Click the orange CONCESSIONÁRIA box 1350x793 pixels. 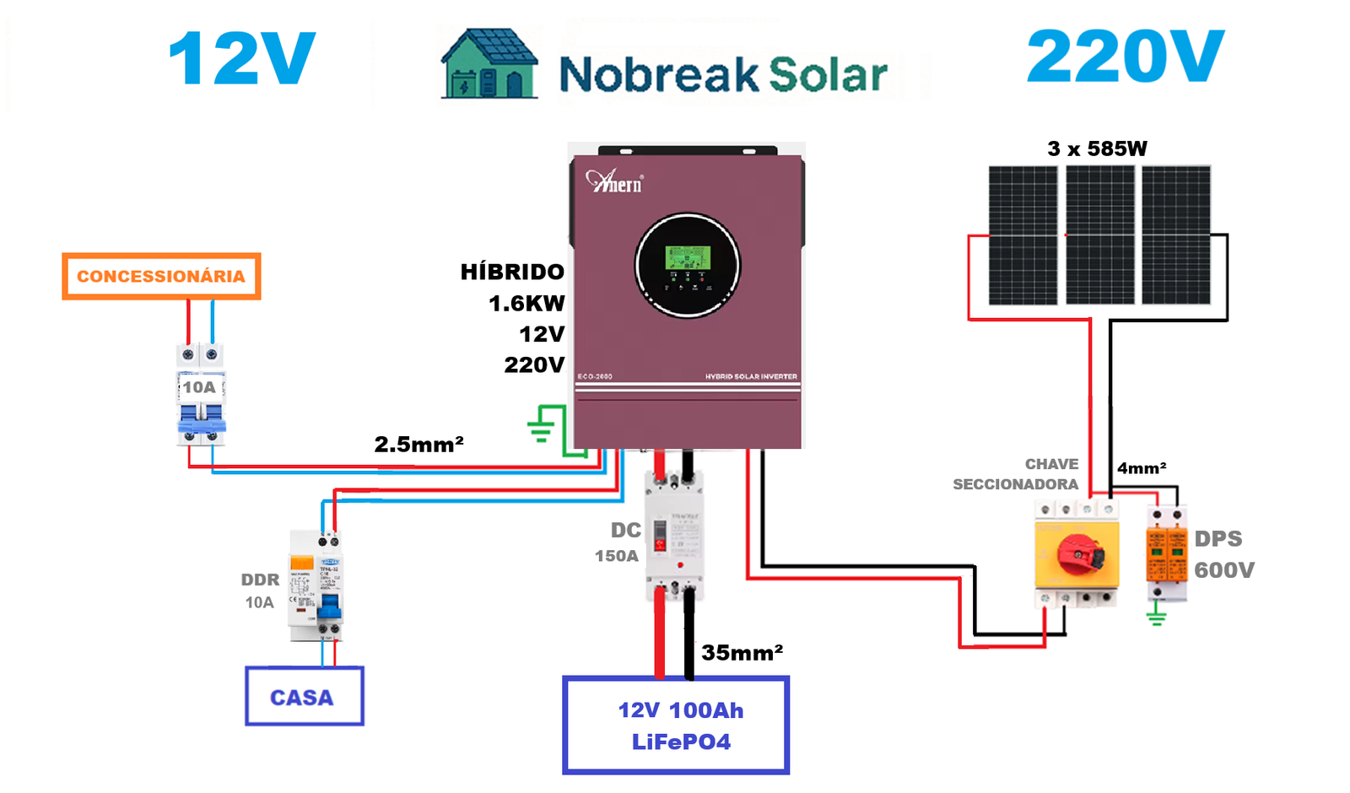pyautogui.click(x=161, y=276)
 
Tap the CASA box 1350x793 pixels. pyautogui.click(x=304, y=697)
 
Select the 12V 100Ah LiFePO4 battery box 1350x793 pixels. pyautogui.click(x=676, y=726)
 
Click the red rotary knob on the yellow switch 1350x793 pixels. pyautogui.click(x=1078, y=553)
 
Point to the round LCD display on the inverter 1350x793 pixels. pyautogui.click(x=688, y=265)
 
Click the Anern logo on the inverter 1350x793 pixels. pyautogui.click(x=614, y=181)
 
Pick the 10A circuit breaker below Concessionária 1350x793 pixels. pyautogui.click(x=201, y=394)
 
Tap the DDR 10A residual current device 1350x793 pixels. pyautogui.click(x=316, y=586)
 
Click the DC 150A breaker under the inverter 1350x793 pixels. pyautogui.click(x=673, y=537)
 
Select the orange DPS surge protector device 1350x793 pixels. pyautogui.click(x=1166, y=553)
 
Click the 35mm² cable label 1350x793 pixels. pyautogui.click(x=742, y=653)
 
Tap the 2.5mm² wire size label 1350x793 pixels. pyautogui.click(x=418, y=444)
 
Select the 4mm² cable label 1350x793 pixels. pyautogui.click(x=1142, y=468)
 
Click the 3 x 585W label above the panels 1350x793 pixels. pyautogui.click(x=1097, y=149)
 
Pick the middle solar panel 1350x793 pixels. pyautogui.click(x=1100, y=235)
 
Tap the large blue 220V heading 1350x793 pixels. pyautogui.click(x=1125, y=57)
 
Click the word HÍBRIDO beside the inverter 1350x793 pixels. pyautogui.click(x=512, y=272)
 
